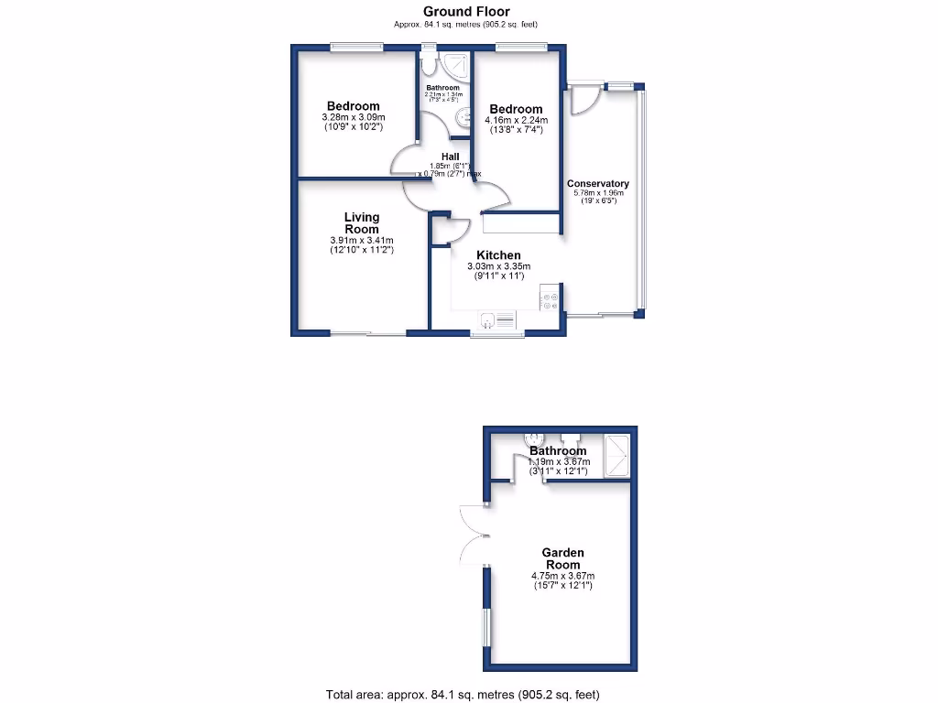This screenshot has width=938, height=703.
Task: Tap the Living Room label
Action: [x=361, y=222]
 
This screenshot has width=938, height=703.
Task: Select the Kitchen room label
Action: [x=498, y=255]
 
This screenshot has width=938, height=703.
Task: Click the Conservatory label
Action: [x=597, y=184]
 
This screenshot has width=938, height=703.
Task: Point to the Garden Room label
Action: [x=562, y=558]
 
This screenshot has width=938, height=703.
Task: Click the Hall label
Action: [x=450, y=157]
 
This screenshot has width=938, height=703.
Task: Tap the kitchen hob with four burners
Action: [x=551, y=300]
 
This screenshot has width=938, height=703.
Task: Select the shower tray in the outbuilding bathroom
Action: [x=618, y=455]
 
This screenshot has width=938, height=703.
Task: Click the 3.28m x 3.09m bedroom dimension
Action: [x=354, y=117]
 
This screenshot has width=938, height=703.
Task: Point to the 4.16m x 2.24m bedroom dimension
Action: [x=516, y=120]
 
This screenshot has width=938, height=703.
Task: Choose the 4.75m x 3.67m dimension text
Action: [x=562, y=576]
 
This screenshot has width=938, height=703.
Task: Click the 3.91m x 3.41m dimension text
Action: [x=361, y=241]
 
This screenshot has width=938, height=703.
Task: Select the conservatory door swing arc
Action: [x=583, y=101]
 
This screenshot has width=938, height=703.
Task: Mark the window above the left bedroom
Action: [x=356, y=48]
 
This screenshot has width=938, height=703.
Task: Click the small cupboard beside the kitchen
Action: [x=442, y=231]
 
